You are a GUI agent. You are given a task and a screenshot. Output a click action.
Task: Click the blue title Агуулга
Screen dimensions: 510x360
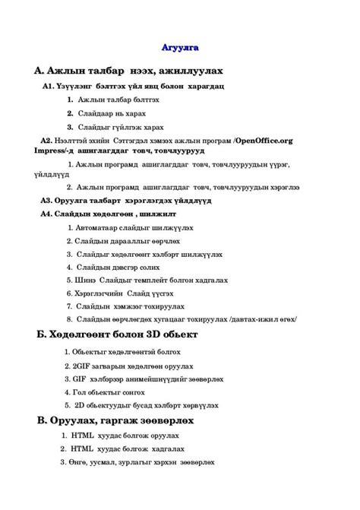point(180,48)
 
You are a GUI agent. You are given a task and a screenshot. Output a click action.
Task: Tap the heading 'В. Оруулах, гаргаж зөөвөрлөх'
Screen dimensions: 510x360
point(115,420)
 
